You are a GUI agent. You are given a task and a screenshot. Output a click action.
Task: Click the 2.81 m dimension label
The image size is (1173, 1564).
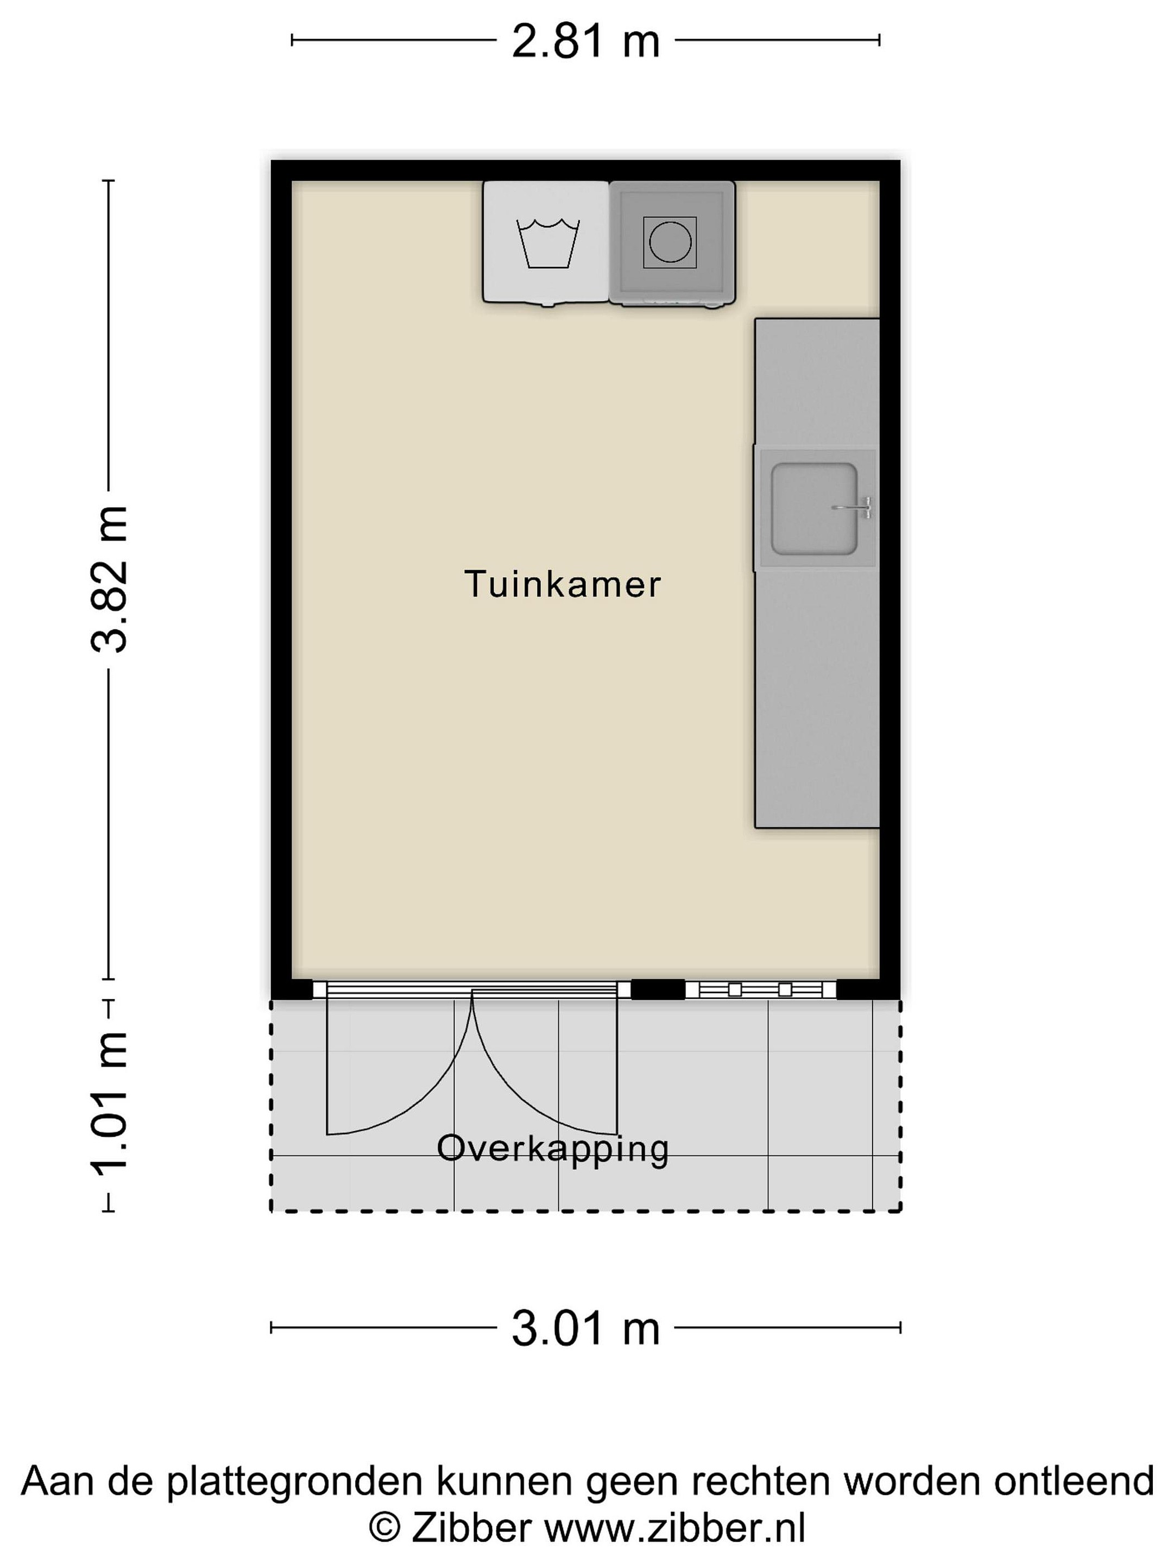(x=585, y=41)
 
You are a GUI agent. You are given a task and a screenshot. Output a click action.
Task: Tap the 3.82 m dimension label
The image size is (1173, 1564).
(x=110, y=579)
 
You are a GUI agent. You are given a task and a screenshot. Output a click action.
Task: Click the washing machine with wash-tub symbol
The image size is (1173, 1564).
(x=546, y=243)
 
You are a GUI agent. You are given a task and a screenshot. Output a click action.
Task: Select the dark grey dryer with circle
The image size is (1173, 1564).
(x=672, y=243)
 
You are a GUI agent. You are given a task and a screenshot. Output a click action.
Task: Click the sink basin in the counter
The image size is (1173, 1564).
(x=814, y=509)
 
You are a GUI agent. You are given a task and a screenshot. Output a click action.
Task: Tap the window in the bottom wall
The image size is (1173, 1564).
(x=761, y=989)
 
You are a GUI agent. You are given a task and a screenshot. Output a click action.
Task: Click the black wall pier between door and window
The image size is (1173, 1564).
(x=658, y=989)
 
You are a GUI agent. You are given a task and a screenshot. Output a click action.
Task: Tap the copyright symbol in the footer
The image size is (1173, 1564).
(x=384, y=1529)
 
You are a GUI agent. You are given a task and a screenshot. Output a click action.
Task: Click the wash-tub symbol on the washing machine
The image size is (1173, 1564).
(x=548, y=243)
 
